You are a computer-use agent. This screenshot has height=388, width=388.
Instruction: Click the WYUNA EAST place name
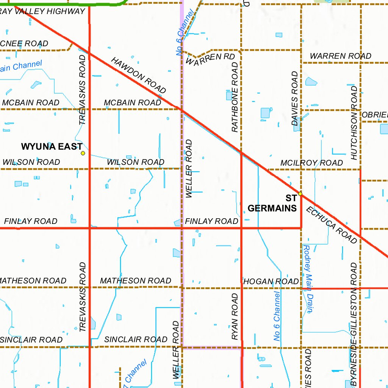click(52, 147)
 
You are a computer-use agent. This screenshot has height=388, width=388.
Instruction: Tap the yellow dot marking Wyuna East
click(83, 153)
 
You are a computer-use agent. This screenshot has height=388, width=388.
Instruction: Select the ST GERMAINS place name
click(272, 203)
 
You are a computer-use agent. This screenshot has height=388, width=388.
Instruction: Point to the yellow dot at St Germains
click(300, 194)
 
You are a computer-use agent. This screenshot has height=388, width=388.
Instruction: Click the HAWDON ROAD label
click(139, 76)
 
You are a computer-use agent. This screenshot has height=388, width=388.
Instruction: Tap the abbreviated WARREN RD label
click(211, 59)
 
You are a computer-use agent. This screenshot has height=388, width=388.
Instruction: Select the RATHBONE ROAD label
click(235, 97)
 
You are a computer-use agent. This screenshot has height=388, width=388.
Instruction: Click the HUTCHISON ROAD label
click(354, 122)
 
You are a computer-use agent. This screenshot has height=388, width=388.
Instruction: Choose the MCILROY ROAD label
click(311, 163)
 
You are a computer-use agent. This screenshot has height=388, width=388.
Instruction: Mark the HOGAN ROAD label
click(271, 282)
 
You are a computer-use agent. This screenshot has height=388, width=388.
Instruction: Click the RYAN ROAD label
click(235, 317)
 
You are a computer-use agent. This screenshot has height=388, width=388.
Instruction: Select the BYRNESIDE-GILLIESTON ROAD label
click(354, 324)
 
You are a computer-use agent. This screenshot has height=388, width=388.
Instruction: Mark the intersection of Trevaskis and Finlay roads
click(89, 228)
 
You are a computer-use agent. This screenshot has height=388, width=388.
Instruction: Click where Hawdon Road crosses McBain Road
click(181, 110)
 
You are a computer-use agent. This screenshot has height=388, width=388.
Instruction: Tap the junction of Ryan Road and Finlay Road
click(241, 228)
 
